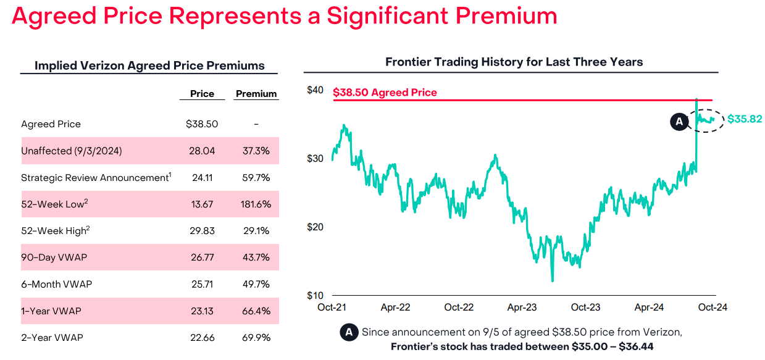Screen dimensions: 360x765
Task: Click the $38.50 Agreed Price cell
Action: pos(202,124)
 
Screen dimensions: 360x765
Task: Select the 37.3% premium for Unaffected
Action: pos(256,151)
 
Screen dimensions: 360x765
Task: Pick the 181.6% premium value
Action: pos(256,204)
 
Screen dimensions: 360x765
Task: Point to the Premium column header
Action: pos(256,94)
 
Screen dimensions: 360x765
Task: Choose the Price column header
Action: pos(202,94)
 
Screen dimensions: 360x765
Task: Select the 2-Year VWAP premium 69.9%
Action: pos(256,338)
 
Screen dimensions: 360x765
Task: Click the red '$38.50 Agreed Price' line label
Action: pos(385,93)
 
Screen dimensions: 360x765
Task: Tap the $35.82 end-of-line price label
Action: pos(745,119)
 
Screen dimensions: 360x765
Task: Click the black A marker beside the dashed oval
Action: pos(679,122)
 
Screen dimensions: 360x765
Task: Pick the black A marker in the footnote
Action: pos(349,332)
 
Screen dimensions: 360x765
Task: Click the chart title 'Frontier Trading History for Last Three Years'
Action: pos(514,62)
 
